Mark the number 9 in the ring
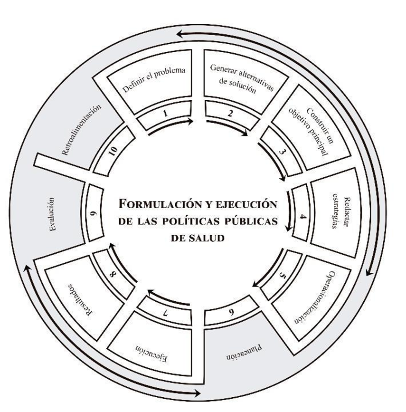coord(93,214)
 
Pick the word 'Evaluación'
coord(51,215)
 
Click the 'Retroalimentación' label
coord(82,130)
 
